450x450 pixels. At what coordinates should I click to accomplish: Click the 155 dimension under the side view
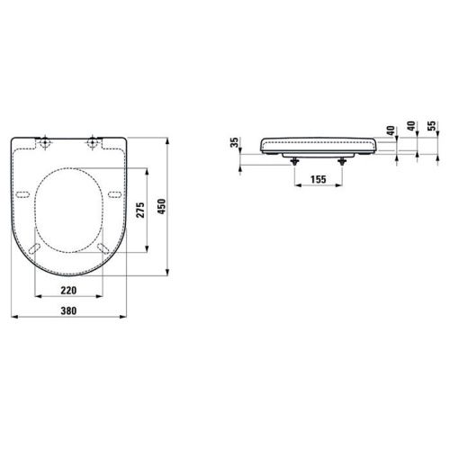coord(317,180)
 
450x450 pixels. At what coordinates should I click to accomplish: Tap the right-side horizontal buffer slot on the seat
coord(113,195)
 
